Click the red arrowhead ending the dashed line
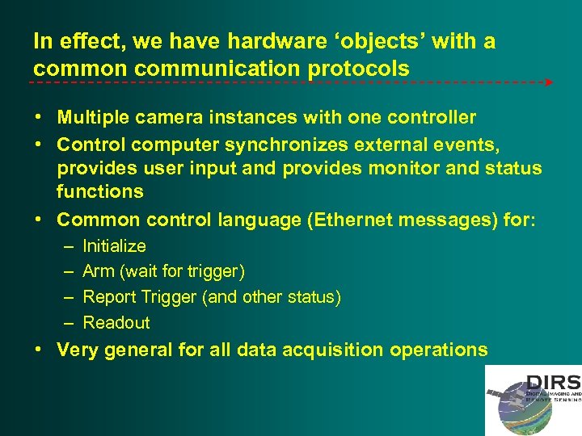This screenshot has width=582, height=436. [549, 82]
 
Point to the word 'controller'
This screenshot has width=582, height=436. [432, 118]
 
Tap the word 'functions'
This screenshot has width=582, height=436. [100, 192]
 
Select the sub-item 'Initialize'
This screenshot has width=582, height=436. [114, 246]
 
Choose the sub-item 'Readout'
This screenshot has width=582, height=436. [116, 323]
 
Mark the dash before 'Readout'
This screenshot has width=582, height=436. [66, 323]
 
